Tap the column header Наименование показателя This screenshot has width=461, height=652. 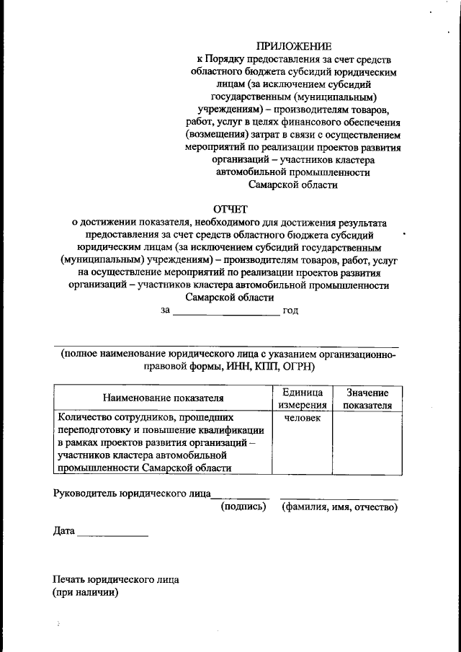point(164,398)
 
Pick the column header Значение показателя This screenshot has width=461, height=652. point(367,398)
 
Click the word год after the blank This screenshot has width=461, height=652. point(291,311)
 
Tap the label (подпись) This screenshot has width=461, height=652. point(243,507)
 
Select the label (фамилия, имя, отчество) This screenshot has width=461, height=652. point(340,507)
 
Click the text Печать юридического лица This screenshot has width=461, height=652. point(116,579)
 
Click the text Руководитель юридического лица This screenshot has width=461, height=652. point(132,494)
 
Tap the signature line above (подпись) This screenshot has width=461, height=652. point(240,498)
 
